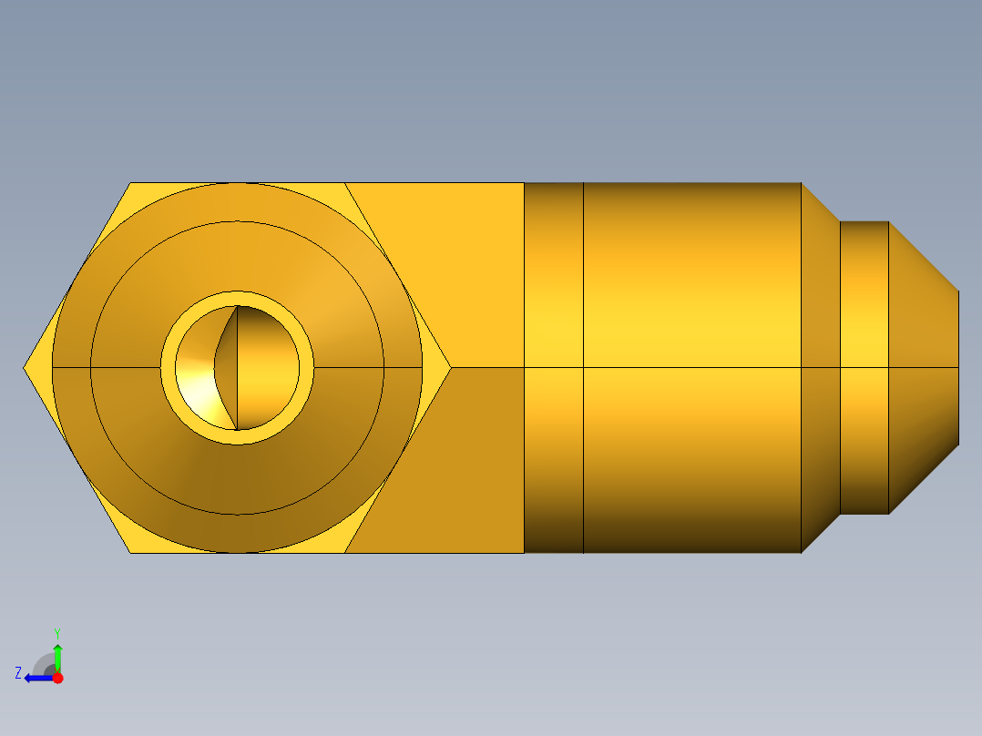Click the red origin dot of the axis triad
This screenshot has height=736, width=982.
(x=57, y=678)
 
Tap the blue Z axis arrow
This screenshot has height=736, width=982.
(x=36, y=678)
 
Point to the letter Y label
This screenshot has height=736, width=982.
(x=57, y=632)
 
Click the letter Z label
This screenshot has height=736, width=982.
(x=18, y=673)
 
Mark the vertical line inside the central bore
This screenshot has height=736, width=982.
(x=237, y=368)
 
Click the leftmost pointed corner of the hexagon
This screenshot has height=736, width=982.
(x=25, y=368)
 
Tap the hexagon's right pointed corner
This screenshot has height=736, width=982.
(x=450, y=368)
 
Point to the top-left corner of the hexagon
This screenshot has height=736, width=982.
(x=130, y=184)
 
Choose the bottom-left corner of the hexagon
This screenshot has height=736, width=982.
(x=130, y=552)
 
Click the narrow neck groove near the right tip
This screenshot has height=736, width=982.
(x=864, y=368)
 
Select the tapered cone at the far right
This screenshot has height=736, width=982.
(x=922, y=368)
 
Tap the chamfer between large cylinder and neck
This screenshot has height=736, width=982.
(x=820, y=368)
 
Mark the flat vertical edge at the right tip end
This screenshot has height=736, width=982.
(x=958, y=368)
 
